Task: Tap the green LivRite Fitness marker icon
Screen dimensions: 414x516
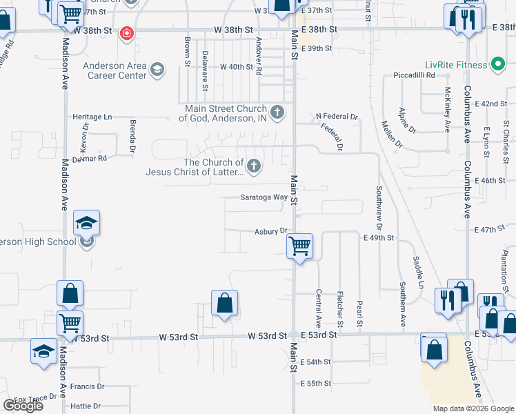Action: pyautogui.click(x=496, y=65)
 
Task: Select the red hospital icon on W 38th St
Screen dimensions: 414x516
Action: pyautogui.click(x=126, y=33)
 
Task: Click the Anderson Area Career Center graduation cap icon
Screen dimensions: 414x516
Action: pyautogui.click(x=157, y=70)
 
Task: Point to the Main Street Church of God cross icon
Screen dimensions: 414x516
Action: pyautogui.click(x=277, y=112)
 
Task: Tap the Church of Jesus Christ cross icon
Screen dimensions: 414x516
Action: pyautogui.click(x=254, y=166)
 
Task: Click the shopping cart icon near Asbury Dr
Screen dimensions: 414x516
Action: pyautogui.click(x=299, y=245)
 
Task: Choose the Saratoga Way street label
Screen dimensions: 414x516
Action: pyautogui.click(x=264, y=197)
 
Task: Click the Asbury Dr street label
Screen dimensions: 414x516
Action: pyautogui.click(x=270, y=232)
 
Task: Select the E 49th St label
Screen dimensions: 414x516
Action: pyautogui.click(x=378, y=237)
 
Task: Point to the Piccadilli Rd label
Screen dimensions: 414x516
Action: pyautogui.click(x=414, y=75)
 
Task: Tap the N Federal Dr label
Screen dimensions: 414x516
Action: pyautogui.click(x=337, y=117)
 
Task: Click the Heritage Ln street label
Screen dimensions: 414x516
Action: pyautogui.click(x=92, y=117)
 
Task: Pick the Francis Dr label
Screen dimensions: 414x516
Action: pyautogui.click(x=87, y=387)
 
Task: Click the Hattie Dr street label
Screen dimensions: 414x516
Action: pyautogui.click(x=86, y=406)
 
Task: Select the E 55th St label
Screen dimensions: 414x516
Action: pyautogui.click(x=317, y=383)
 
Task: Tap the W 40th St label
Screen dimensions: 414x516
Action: pyautogui.click(x=237, y=67)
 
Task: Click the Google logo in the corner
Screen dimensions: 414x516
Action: pyautogui.click(x=23, y=406)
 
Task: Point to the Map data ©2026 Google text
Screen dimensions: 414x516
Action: pyautogui.click(x=473, y=408)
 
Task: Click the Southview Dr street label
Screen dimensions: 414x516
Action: pyautogui.click(x=379, y=208)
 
